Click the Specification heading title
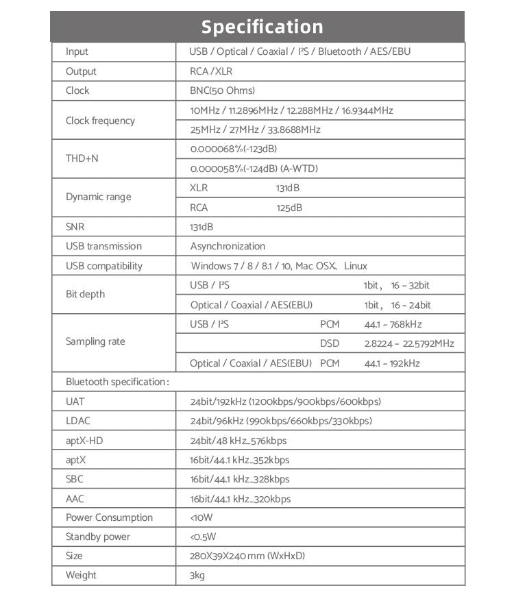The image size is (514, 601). click(x=262, y=27)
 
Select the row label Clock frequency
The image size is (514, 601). click(x=100, y=121)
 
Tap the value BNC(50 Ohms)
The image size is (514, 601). click(x=222, y=90)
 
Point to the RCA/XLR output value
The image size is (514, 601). click(x=210, y=71)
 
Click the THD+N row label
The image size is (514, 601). click(x=82, y=158)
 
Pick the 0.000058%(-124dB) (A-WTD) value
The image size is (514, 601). click(x=254, y=169)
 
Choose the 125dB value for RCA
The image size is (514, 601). click(x=289, y=208)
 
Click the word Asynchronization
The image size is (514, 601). click(x=228, y=246)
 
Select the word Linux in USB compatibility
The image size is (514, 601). click(x=356, y=266)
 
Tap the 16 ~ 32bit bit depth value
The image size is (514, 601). click(x=411, y=285)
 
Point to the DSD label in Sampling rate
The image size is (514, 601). click(x=330, y=343)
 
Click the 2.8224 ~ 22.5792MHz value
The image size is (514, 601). click(x=408, y=343)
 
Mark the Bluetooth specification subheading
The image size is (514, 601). click(x=117, y=382)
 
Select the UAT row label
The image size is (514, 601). click(x=75, y=402)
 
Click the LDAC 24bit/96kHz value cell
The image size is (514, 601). click(x=281, y=421)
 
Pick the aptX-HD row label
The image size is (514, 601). click(x=84, y=441)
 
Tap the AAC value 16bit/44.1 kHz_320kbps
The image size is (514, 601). click(x=240, y=499)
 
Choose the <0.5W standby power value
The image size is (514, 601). click(x=203, y=537)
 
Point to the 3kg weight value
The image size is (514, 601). click(x=197, y=575)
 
